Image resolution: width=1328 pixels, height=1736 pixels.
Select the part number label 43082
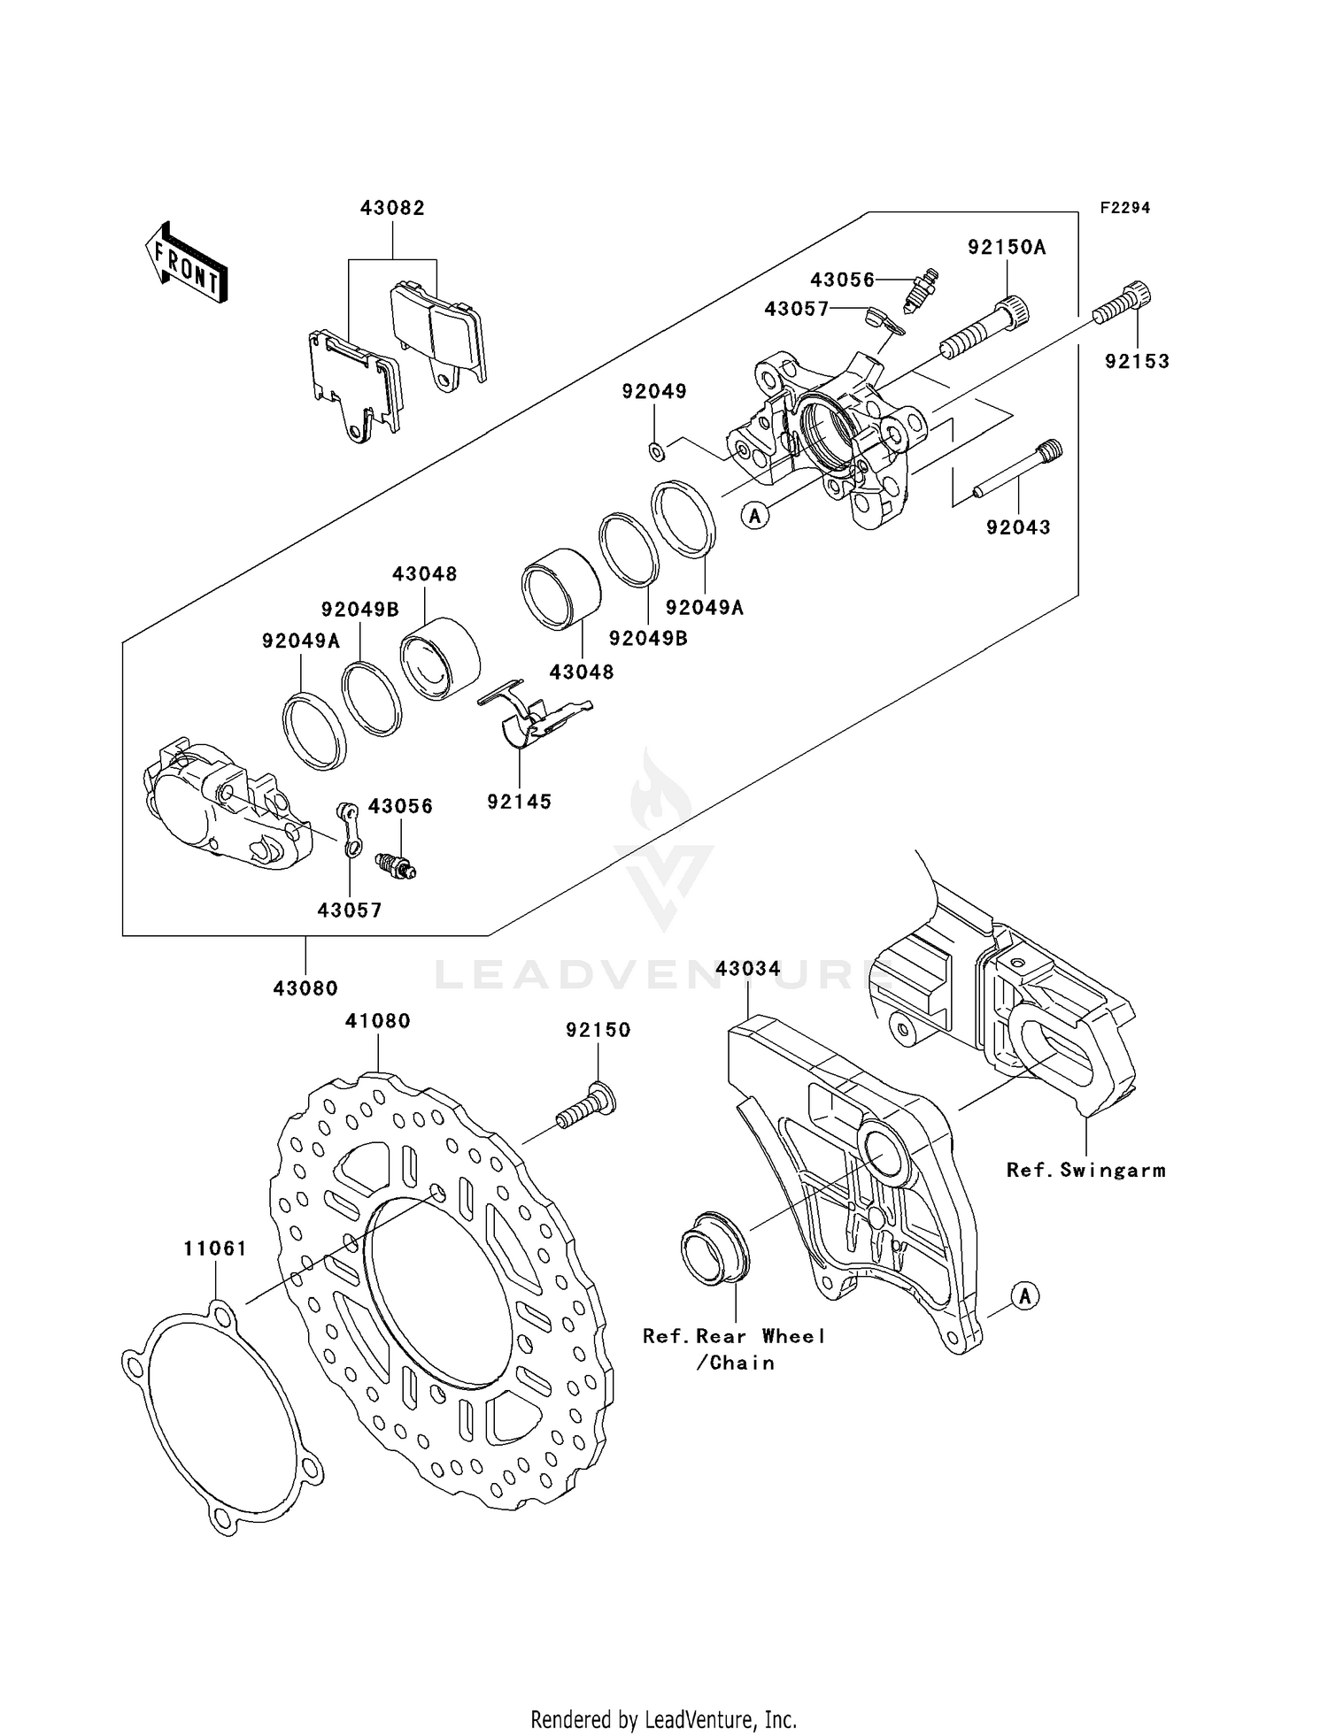pyautogui.click(x=392, y=208)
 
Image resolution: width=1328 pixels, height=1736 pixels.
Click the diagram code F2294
pyautogui.click(x=1125, y=208)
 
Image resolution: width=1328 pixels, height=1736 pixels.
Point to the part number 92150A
pyautogui.click(x=1007, y=248)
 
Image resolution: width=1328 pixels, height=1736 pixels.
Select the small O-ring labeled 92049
pyautogui.click(x=657, y=452)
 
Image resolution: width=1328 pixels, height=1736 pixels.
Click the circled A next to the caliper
pyautogui.click(x=754, y=514)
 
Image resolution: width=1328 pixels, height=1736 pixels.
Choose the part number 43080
pyautogui.click(x=305, y=988)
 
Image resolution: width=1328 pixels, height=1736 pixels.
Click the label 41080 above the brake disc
pyautogui.click(x=378, y=1020)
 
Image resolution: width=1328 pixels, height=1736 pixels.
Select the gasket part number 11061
pyautogui.click(x=215, y=1248)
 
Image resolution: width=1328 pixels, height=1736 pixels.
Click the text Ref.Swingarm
pyautogui.click(x=1085, y=1170)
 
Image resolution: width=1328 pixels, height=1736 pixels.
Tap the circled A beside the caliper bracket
pyautogui.click(x=1024, y=1296)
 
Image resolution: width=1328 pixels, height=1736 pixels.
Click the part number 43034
pyautogui.click(x=748, y=969)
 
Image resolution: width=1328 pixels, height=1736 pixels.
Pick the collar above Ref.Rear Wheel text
pyautogui.click(x=714, y=1243)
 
